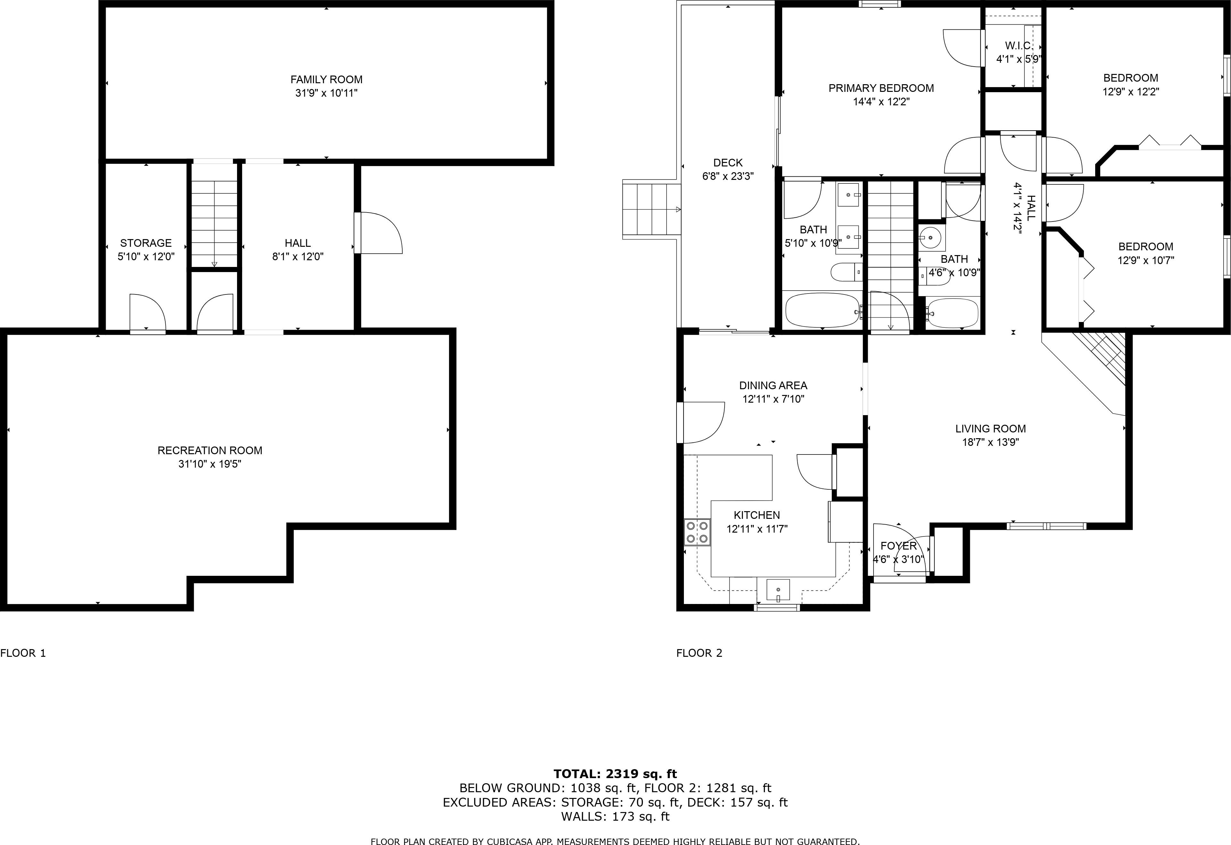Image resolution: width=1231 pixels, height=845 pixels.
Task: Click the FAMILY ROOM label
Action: pyautogui.click(x=326, y=79)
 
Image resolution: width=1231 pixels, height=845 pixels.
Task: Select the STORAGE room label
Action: pyautogui.click(x=146, y=243)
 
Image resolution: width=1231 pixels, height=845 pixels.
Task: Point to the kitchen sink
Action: pyautogui.click(x=778, y=590)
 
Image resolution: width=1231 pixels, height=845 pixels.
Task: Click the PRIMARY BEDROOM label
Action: pyautogui.click(x=881, y=88)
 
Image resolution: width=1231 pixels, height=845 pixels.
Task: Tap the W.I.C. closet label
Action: pyautogui.click(x=1018, y=45)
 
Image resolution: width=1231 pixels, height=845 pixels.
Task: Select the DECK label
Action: pyautogui.click(x=727, y=163)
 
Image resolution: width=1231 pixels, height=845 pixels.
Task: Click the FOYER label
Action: pyautogui.click(x=898, y=546)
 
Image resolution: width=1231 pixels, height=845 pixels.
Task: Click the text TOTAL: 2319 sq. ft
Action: pyautogui.click(x=615, y=774)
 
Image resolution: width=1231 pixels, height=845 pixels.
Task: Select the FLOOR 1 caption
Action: pyautogui.click(x=23, y=653)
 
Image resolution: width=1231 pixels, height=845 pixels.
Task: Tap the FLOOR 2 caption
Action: pyautogui.click(x=699, y=653)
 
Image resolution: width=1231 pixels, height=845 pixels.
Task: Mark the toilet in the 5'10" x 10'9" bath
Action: pyautogui.click(x=846, y=273)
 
